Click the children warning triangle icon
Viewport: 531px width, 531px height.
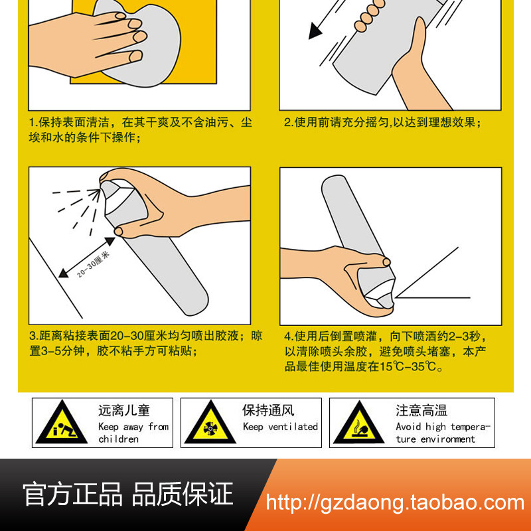click(62, 423)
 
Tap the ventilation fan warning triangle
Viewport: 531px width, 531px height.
click(210, 423)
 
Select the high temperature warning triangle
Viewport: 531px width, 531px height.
click(359, 423)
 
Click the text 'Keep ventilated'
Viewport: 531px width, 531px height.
click(280, 427)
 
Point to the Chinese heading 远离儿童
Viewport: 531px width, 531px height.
click(124, 410)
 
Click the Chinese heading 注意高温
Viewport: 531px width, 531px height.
click(421, 410)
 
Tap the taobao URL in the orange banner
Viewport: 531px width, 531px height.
click(395, 503)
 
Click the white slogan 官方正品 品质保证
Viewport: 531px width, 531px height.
click(128, 494)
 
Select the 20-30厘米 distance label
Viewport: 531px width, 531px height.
click(93, 264)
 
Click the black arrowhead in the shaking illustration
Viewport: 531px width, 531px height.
click(315, 31)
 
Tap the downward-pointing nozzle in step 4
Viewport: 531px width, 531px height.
click(386, 301)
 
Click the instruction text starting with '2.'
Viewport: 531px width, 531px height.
click(383, 122)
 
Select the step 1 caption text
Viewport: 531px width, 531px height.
click(141, 129)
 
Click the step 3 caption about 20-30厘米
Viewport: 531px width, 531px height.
click(145, 343)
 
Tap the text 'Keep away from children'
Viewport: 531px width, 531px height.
click(133, 433)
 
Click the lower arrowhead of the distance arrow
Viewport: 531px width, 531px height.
click(63, 273)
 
